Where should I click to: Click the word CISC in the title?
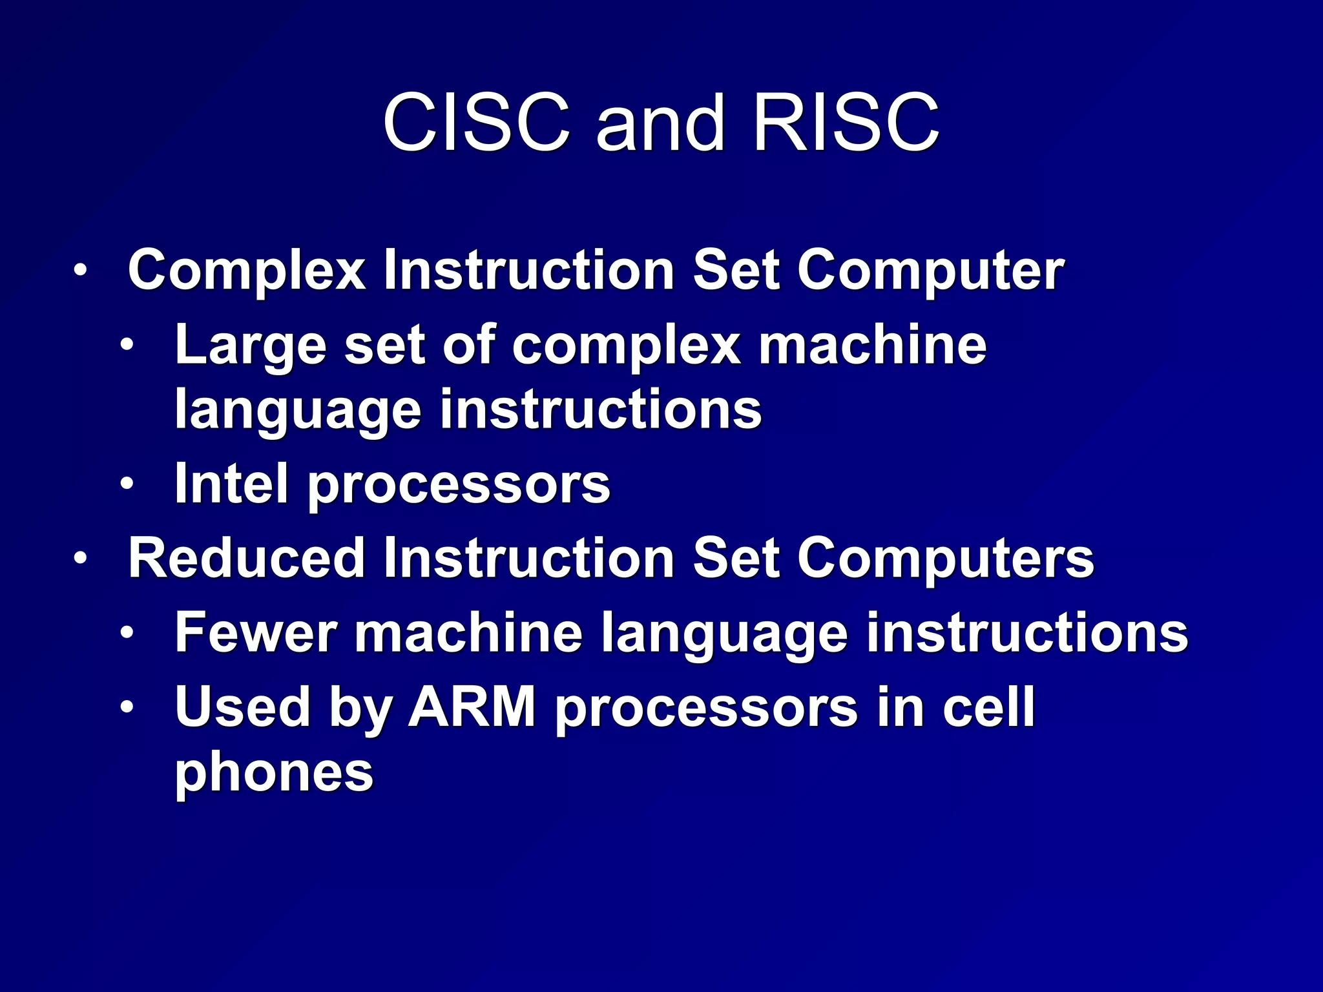click(x=476, y=123)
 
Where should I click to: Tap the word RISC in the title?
click(x=846, y=123)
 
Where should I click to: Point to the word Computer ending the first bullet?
click(x=930, y=271)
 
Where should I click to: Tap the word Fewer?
click(x=256, y=633)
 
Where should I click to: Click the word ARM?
click(x=472, y=707)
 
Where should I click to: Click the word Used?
click(x=243, y=707)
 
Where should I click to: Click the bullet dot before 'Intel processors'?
click(x=127, y=482)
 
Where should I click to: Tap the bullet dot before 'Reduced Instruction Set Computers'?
click(x=79, y=557)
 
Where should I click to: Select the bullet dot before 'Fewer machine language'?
click(x=127, y=632)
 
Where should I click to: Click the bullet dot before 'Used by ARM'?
click(x=127, y=707)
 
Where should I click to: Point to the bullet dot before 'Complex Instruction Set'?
click(x=79, y=270)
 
